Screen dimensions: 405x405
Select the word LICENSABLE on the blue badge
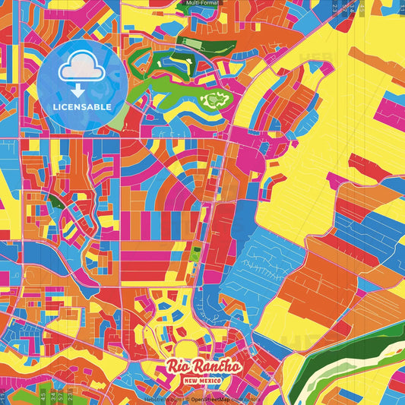click(x=82, y=106)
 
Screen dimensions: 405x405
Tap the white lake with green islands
click(x=212, y=99)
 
